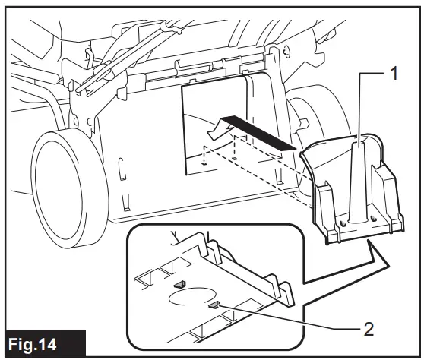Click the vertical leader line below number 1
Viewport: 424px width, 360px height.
(x=356, y=106)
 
